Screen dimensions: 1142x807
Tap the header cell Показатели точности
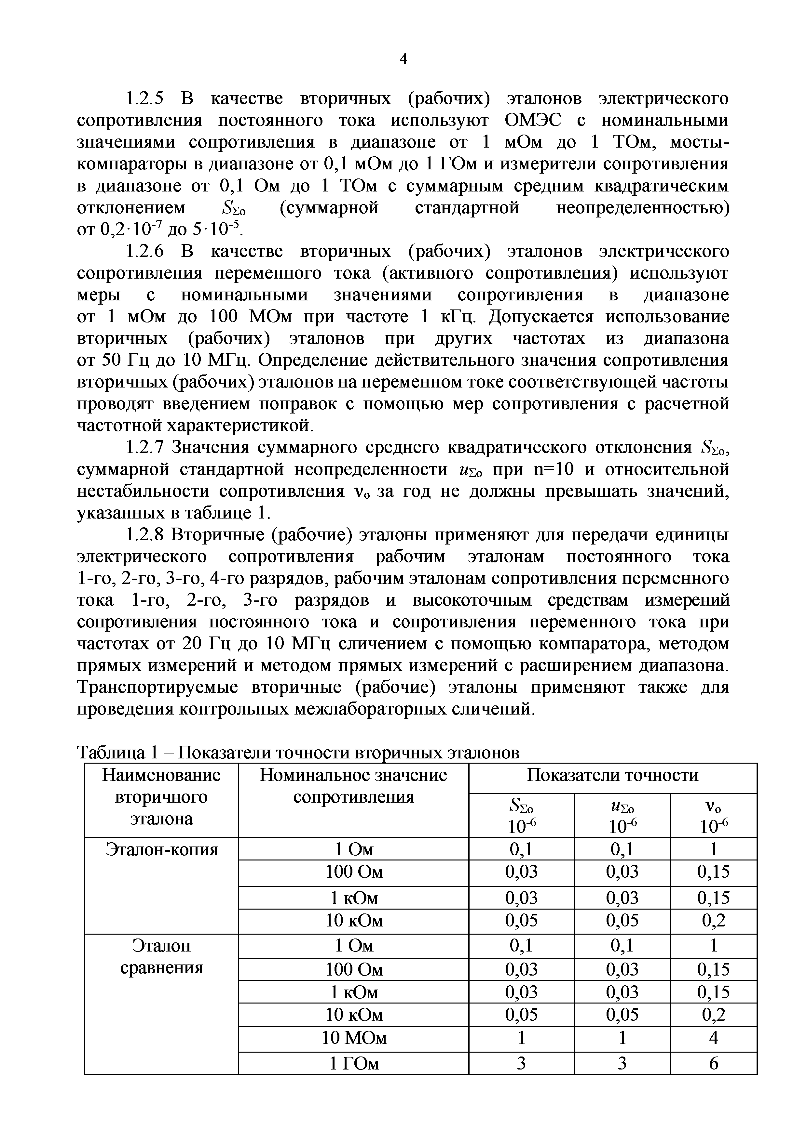pyautogui.click(x=612, y=775)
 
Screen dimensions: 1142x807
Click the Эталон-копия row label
pyautogui.click(x=162, y=849)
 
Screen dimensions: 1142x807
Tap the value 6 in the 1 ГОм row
pyautogui.click(x=713, y=1063)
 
